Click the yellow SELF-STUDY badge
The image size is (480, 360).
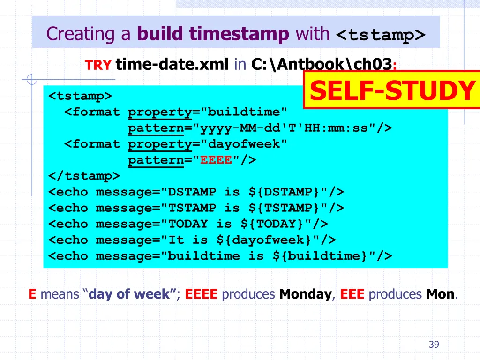pos(392,90)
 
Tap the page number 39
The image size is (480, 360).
pos(434,345)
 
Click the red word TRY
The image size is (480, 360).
pos(97,65)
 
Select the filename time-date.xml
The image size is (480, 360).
pos(172,64)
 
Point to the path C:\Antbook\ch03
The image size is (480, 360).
pos(322,64)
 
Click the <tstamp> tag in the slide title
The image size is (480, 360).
pos(381,35)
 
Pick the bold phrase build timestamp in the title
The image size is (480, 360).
pos(213,34)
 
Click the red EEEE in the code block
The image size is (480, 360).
pos(216,160)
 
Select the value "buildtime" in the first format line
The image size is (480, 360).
pos(243,112)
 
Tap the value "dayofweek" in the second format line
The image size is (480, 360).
pos(243,144)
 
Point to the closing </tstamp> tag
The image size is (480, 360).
pos(84,176)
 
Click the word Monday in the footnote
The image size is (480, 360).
pos(305,294)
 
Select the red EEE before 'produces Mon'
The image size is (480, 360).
pos(352,294)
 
